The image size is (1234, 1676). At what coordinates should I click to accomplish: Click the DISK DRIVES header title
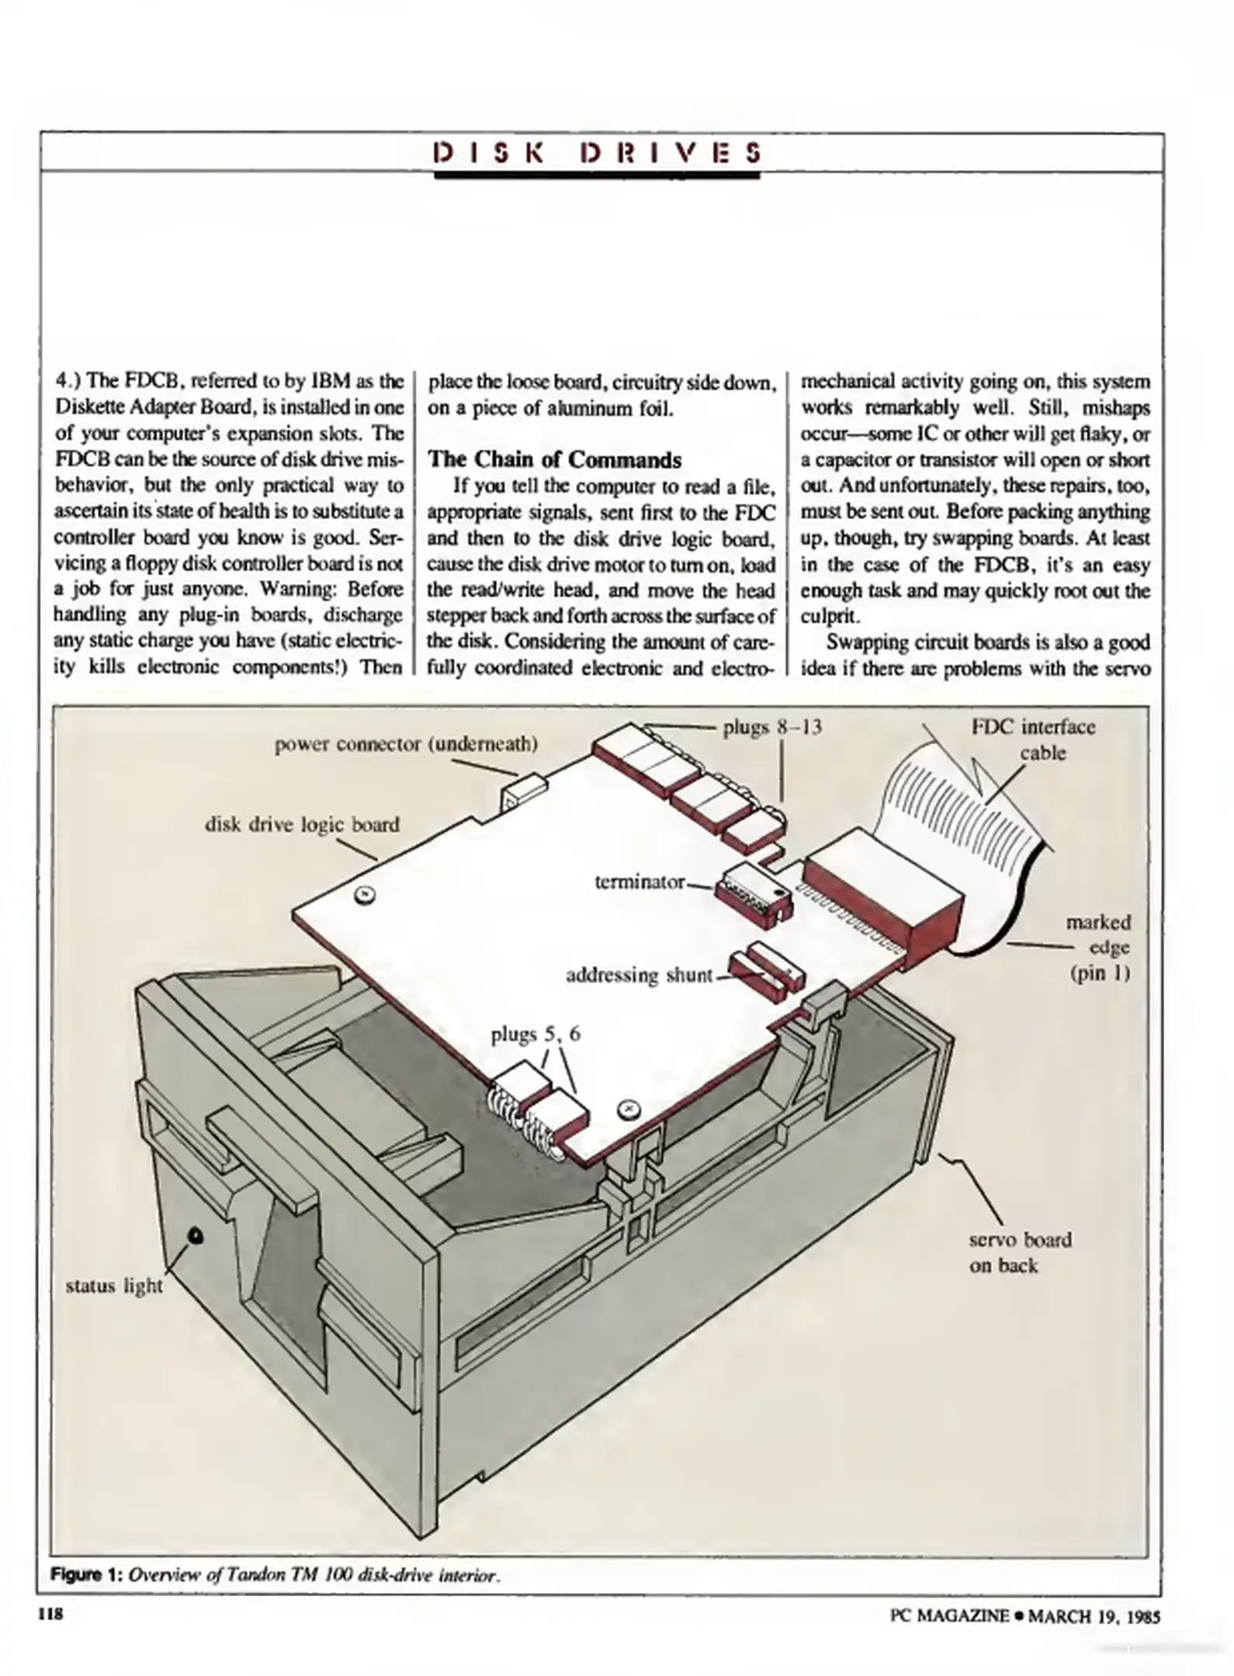coord(597,152)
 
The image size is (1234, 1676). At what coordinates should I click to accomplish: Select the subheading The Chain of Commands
coord(554,459)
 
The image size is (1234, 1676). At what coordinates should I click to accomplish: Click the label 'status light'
coord(114,1286)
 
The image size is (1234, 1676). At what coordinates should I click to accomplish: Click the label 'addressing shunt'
coord(639,975)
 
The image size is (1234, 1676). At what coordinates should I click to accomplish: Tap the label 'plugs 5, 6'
coord(536,1034)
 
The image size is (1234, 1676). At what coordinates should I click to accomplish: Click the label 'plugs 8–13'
coord(771,727)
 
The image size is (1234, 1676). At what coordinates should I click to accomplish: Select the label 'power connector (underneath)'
coord(406,744)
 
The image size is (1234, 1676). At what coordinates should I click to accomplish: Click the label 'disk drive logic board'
coord(302,824)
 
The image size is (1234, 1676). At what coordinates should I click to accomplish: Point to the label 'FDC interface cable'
coord(1033,739)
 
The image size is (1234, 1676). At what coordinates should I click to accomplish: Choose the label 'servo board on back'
coord(1019,1252)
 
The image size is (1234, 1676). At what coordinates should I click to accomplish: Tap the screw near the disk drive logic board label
coord(364,895)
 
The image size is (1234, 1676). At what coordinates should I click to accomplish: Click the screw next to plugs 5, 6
coord(627,1110)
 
